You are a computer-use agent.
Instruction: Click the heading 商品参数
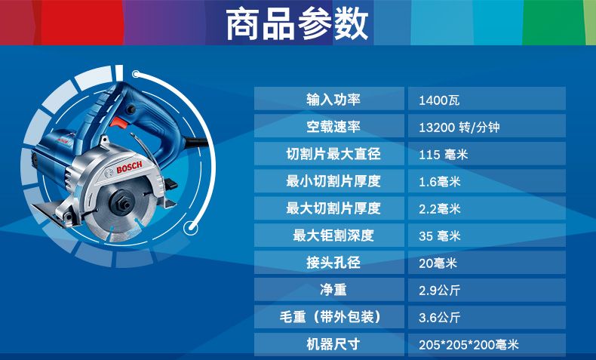click(x=296, y=24)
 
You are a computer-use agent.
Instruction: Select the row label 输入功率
click(x=333, y=100)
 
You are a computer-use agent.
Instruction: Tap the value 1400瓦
click(x=439, y=100)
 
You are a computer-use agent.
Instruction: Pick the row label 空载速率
click(x=333, y=127)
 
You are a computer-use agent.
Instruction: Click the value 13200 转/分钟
click(x=459, y=128)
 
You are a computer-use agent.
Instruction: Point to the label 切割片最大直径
click(x=333, y=154)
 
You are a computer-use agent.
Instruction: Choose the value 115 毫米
click(x=443, y=155)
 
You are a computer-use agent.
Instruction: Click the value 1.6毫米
click(x=439, y=182)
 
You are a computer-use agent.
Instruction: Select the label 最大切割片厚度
click(x=333, y=208)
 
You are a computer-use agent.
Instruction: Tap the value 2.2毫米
click(x=439, y=209)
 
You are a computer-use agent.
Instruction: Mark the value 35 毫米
click(x=439, y=236)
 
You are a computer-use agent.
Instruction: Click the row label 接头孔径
click(x=333, y=263)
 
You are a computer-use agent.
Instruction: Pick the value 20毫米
click(x=438, y=263)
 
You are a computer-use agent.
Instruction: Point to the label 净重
click(x=333, y=290)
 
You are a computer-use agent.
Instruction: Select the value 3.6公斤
click(x=439, y=318)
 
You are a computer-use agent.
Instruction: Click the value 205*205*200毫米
click(x=469, y=345)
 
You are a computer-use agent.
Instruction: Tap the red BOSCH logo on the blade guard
click(x=129, y=168)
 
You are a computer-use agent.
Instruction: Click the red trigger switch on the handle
click(x=118, y=122)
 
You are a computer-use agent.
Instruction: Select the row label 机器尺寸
click(x=333, y=344)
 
